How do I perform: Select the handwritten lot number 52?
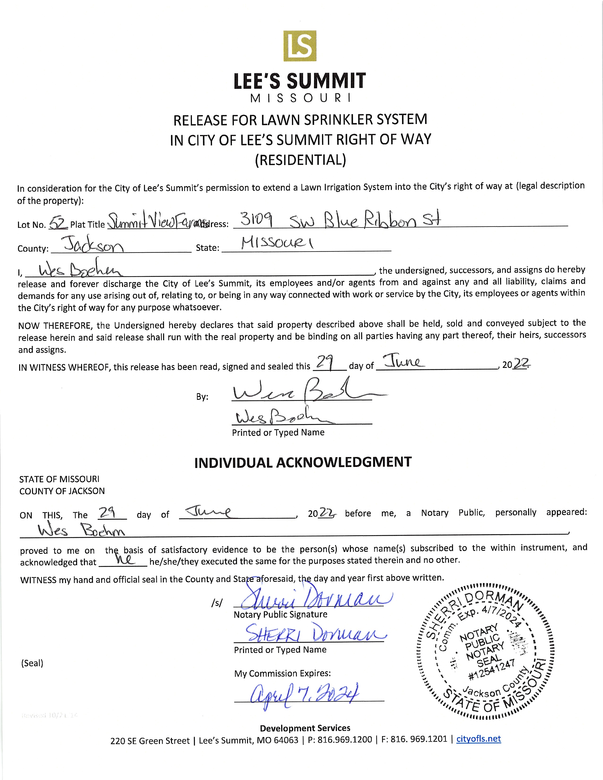(58, 224)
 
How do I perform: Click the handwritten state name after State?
(277, 244)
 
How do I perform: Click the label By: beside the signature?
(202, 397)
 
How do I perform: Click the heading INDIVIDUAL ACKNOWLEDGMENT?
(303, 462)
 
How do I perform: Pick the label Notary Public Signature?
(280, 614)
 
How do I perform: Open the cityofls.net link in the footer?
(478, 739)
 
